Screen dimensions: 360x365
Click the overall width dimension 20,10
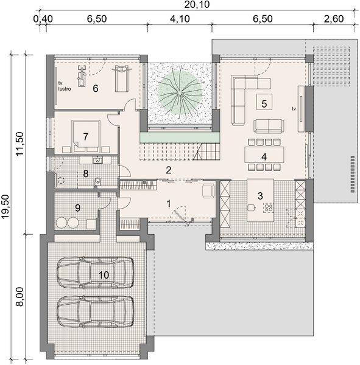pyautogui.click(x=197, y=4)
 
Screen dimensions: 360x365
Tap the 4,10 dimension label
pyautogui.click(x=180, y=19)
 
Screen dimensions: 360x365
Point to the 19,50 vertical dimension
pyautogui.click(x=5, y=206)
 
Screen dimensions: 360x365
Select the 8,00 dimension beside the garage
pyautogui.click(x=20, y=297)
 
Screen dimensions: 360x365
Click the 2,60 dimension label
pyautogui.click(x=334, y=19)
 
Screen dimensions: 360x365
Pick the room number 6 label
pyautogui.click(x=96, y=88)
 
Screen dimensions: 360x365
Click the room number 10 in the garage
pyautogui.click(x=104, y=275)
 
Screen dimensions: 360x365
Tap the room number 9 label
pyautogui.click(x=77, y=207)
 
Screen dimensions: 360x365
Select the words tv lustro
pyautogui.click(x=65, y=86)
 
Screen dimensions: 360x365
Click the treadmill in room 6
pyautogui.click(x=121, y=78)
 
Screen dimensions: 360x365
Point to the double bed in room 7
pyautogui.click(x=86, y=136)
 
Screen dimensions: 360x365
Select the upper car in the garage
pyautogui.click(x=96, y=272)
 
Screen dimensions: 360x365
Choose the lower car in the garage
pyautogui.click(x=96, y=311)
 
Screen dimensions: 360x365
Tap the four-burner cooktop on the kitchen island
pyautogui.click(x=269, y=207)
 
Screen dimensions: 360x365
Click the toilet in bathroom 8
pyautogui.click(x=98, y=181)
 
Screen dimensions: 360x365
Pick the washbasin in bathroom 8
pyautogui.click(x=97, y=160)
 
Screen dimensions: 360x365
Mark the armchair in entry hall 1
pyautogui.click(x=208, y=191)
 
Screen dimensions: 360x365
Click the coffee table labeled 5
pyautogui.click(x=264, y=102)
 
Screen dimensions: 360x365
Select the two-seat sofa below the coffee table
pyautogui.click(x=269, y=126)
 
